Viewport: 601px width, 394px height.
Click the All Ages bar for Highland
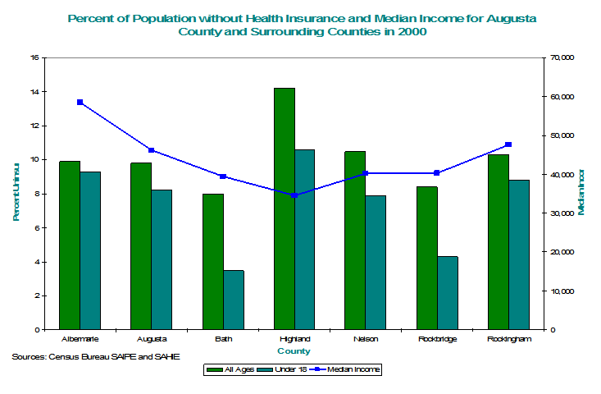(285, 208)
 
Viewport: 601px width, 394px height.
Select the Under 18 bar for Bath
(234, 300)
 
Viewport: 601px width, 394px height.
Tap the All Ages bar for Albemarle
(70, 245)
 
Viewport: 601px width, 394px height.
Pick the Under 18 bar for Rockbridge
(448, 293)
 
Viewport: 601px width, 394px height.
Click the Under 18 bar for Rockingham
(519, 254)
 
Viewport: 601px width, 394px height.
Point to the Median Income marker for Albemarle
(80, 103)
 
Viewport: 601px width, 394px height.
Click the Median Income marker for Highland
(294, 195)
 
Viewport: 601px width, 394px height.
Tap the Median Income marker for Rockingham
(508, 145)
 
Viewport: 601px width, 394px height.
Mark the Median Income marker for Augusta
(152, 150)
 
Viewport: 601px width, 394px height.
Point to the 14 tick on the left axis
(34, 92)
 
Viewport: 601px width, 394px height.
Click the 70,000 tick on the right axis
(563, 57)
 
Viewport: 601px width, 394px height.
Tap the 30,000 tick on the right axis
(563, 213)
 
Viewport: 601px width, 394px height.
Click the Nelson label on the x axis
(365, 339)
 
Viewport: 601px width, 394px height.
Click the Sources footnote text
(96, 357)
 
